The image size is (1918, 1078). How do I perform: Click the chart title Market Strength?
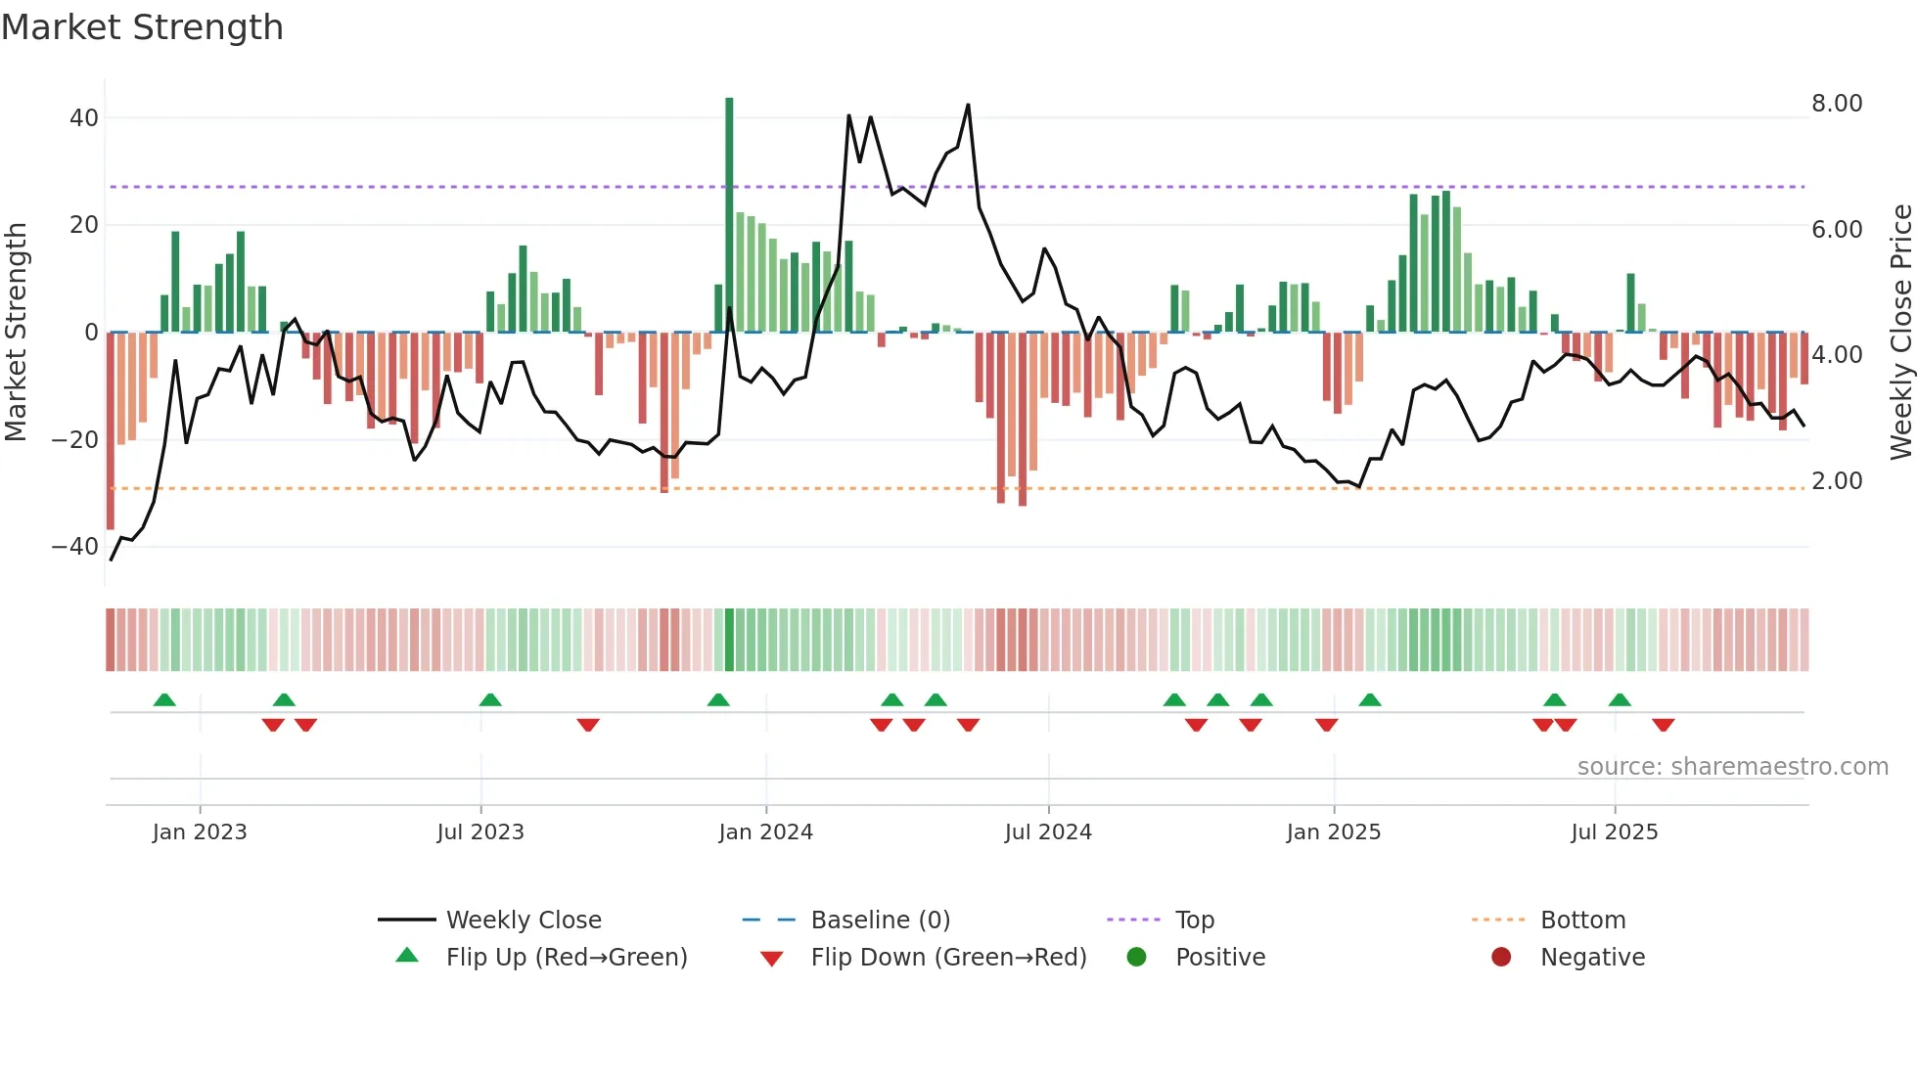tap(142, 27)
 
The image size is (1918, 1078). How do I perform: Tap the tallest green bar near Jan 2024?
tap(729, 215)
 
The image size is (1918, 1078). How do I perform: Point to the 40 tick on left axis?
tap(84, 118)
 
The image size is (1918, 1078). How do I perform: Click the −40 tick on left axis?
tap(76, 547)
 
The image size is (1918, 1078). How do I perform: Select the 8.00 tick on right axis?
tap(1837, 104)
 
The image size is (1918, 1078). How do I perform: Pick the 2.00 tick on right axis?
tap(1837, 481)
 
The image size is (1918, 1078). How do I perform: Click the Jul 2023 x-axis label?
tap(480, 832)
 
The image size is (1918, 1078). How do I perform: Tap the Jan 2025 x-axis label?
tap(1333, 832)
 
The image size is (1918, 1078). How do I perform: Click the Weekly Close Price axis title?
tap(1900, 333)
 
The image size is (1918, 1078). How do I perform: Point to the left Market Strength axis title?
tap(17, 333)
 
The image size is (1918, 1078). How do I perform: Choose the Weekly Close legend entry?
tap(523, 921)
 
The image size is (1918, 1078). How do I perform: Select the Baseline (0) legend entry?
tap(880, 921)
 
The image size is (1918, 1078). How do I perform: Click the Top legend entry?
tap(1194, 921)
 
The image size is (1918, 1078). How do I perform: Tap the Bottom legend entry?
tap(1582, 921)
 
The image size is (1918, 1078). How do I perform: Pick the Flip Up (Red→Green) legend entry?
tap(566, 958)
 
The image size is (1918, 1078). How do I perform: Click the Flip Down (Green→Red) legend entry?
tap(947, 958)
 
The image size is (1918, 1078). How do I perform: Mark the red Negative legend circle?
tap(1501, 957)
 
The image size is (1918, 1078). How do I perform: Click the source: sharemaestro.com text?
tap(1732, 767)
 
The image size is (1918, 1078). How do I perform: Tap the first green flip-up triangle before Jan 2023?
tap(164, 699)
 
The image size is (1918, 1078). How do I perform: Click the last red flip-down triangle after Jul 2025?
tap(1663, 725)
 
